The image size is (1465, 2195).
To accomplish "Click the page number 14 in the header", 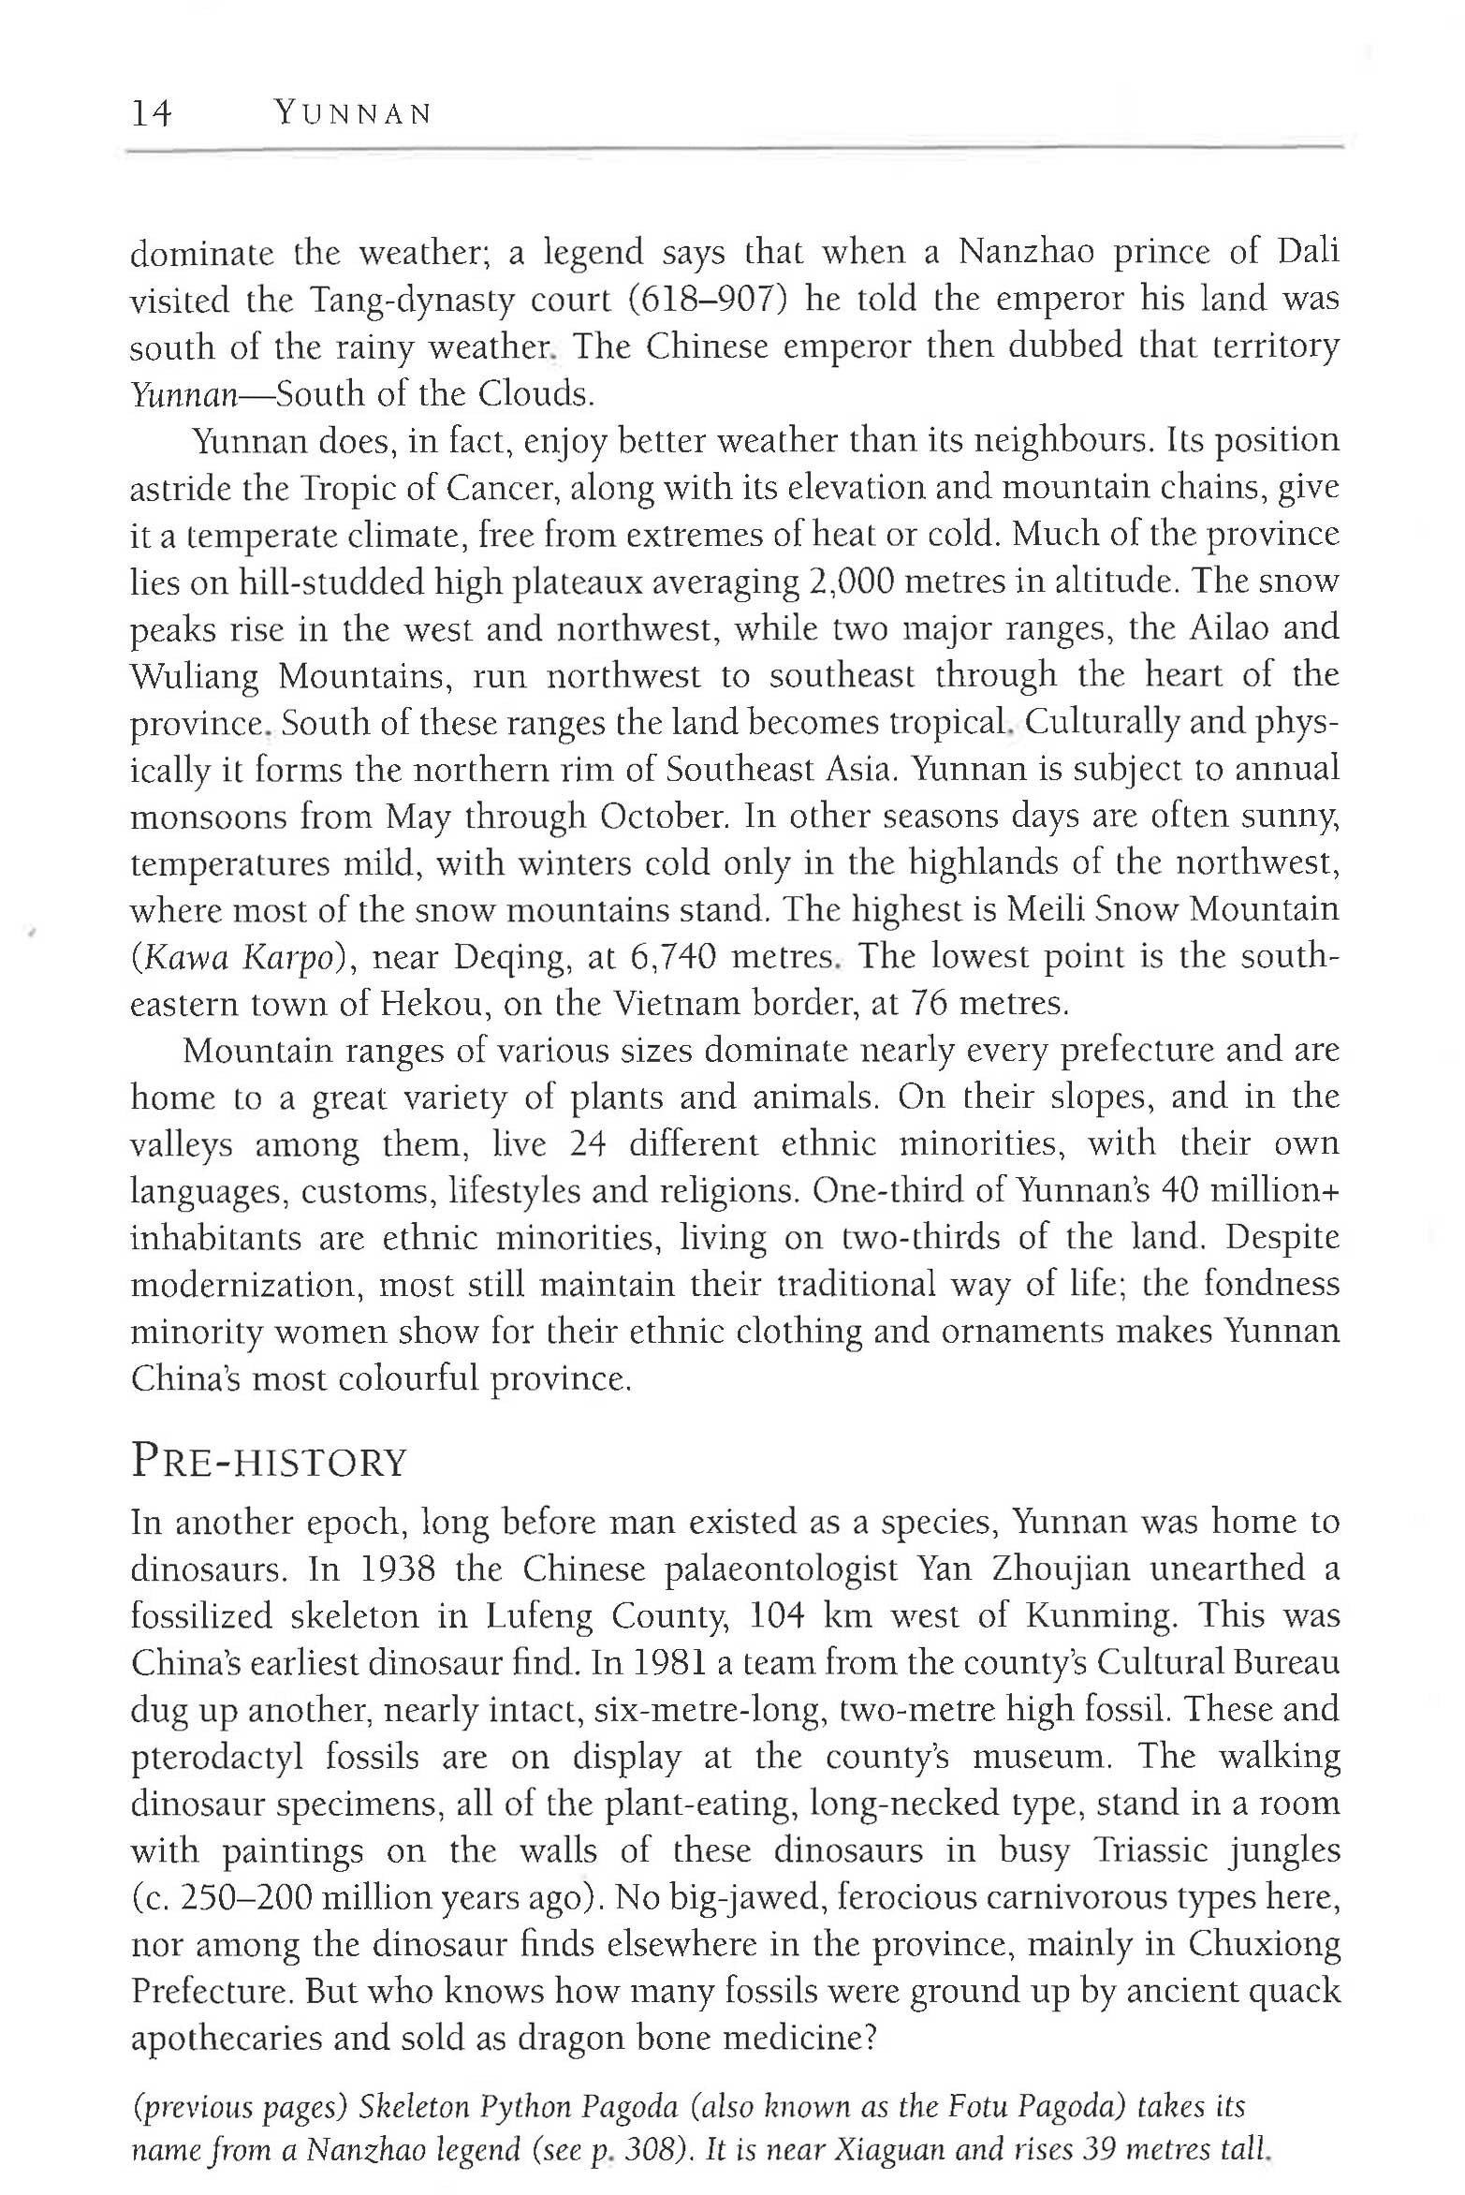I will pyautogui.click(x=152, y=114).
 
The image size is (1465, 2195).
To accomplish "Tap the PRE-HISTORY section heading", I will pyautogui.click(x=269, y=1463).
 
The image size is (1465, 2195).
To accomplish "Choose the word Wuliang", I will pyautogui.click(x=194, y=676).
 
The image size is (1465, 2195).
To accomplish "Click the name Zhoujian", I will pyautogui.click(x=1061, y=1569).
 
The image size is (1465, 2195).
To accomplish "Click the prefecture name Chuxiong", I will pyautogui.click(x=1264, y=1945).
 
